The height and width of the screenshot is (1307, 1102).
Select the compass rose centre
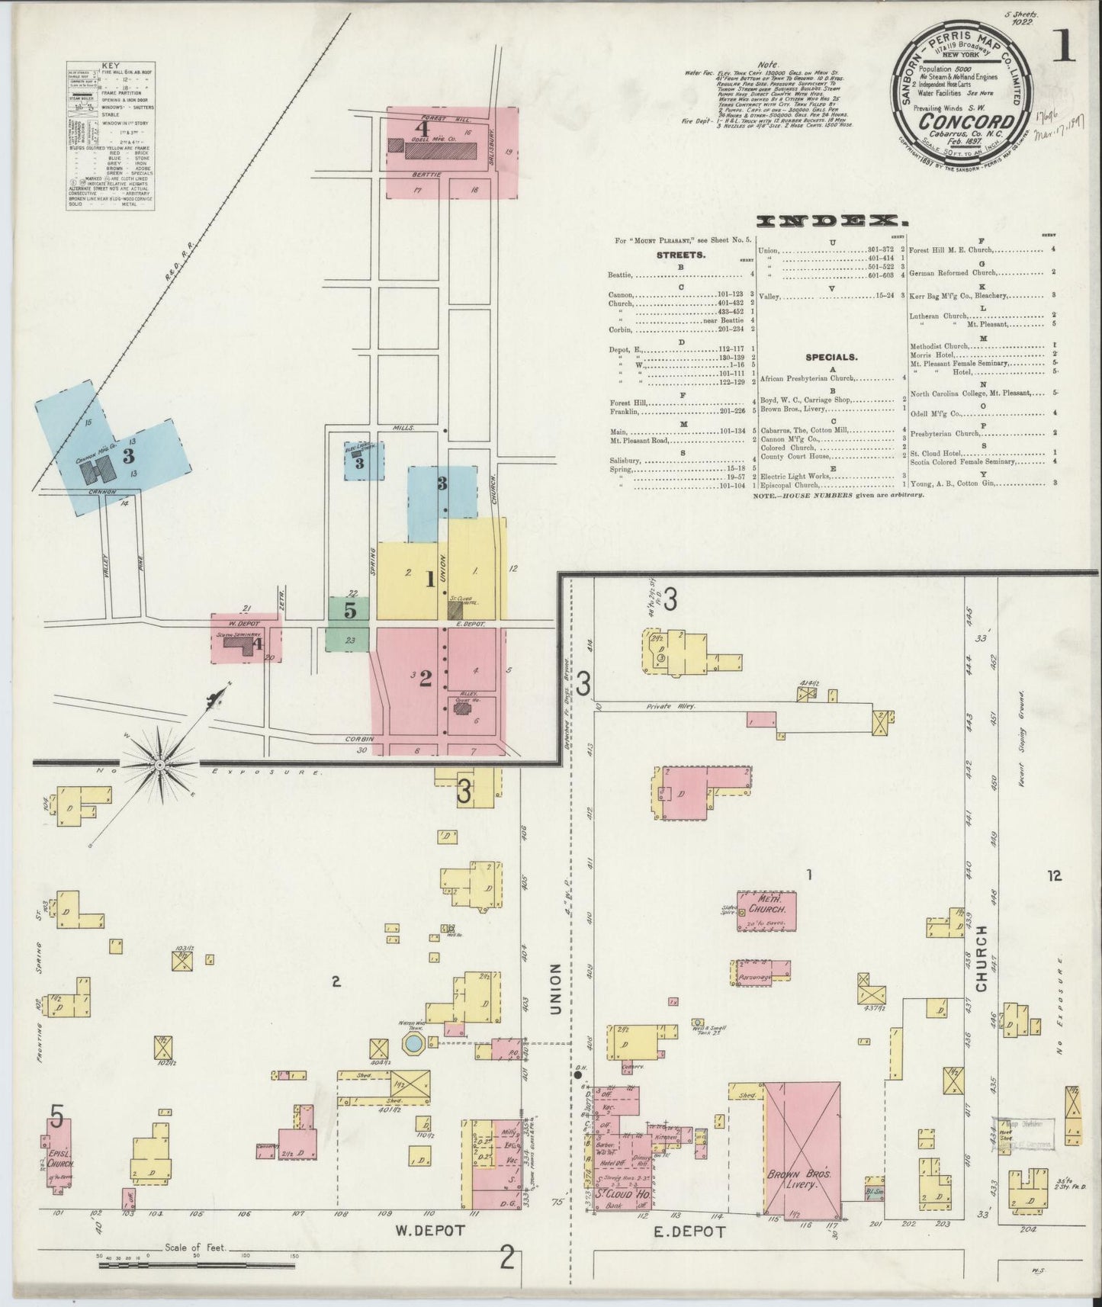(160, 763)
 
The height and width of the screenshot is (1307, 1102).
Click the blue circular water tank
(413, 1042)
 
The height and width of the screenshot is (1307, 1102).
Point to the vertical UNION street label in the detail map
(554, 990)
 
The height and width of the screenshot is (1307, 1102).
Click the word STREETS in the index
(680, 255)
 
